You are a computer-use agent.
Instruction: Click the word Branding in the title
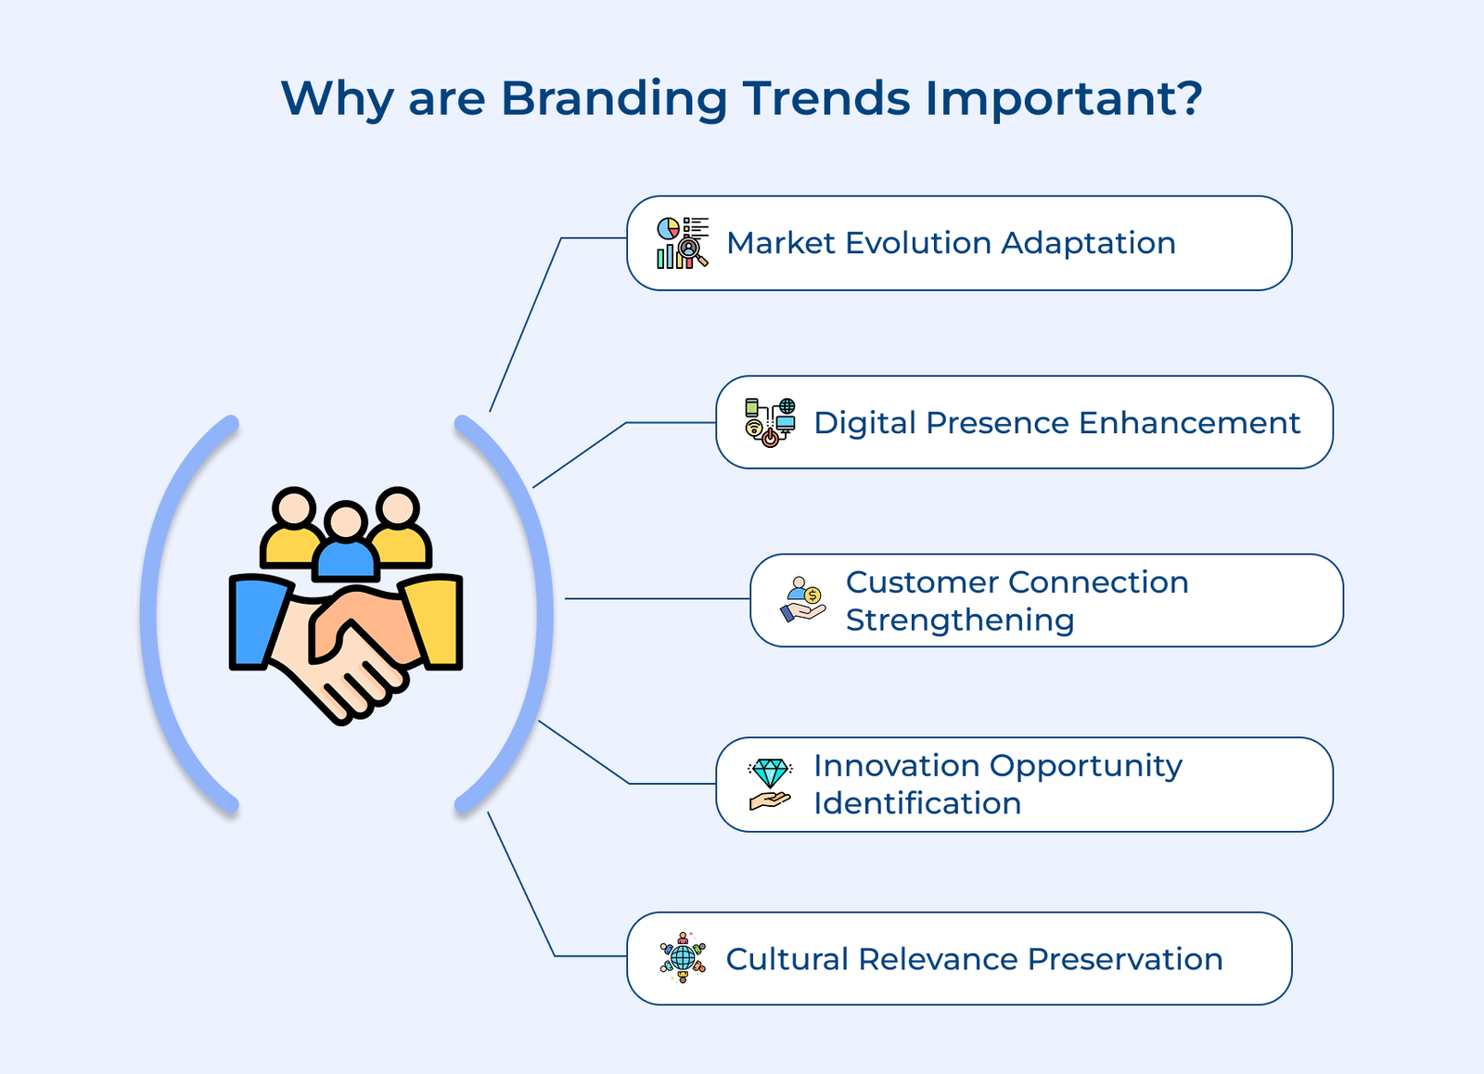tap(613, 99)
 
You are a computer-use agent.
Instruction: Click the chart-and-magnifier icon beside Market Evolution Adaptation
tap(682, 243)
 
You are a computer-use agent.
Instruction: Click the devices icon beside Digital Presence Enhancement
tap(770, 422)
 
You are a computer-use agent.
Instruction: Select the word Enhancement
tap(1189, 423)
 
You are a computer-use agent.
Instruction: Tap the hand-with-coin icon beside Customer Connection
tap(802, 599)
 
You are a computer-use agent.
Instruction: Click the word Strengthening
tap(960, 620)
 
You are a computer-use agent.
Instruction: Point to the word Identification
tap(917, 803)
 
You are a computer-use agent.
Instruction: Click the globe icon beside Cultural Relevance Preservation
tap(683, 958)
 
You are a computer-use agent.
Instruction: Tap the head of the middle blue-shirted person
tap(347, 521)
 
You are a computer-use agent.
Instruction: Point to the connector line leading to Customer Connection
tap(657, 599)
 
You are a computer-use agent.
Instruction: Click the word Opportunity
tap(1086, 766)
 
